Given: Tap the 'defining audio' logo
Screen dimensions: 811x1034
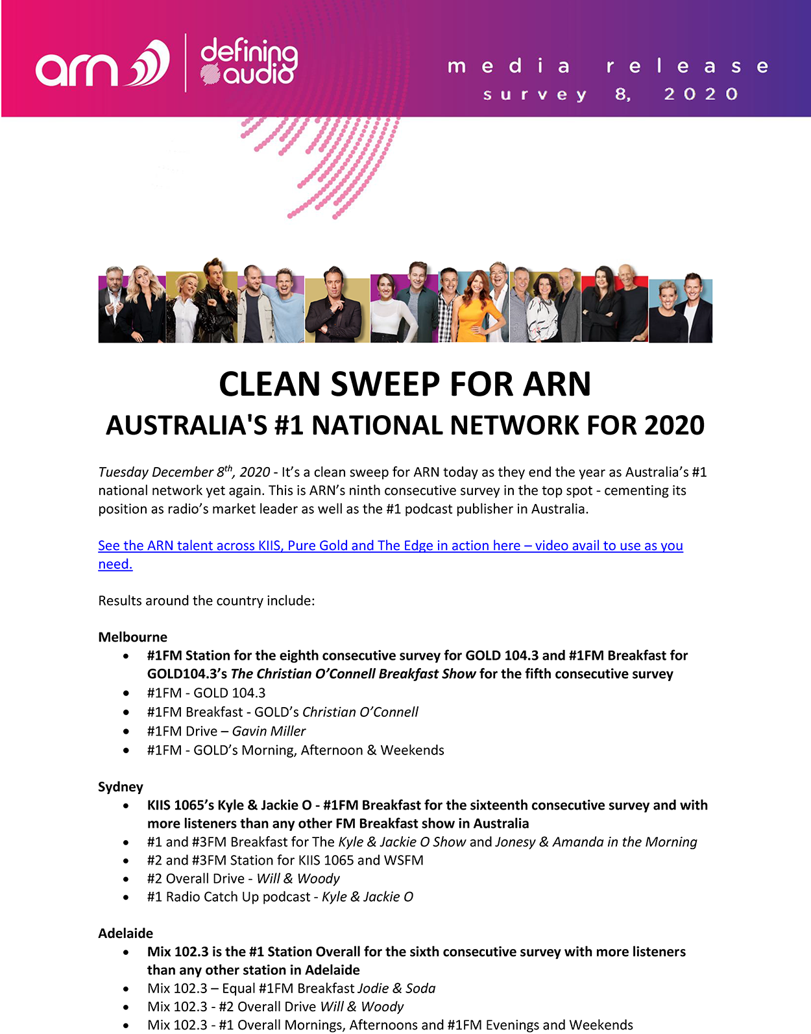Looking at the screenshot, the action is pyautogui.click(x=248, y=62).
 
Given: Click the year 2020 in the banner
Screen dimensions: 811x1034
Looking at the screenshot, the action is pyautogui.click(x=701, y=95).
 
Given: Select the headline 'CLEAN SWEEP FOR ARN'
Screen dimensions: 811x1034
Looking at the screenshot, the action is pyautogui.click(x=405, y=384).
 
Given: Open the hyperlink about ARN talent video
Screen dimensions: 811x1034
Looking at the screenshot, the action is pyautogui.click(x=390, y=546).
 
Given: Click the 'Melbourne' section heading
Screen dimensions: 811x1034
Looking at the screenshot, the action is pyautogui.click(x=132, y=637).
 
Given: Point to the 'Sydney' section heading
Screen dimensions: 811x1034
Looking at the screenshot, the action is pyautogui.click(x=121, y=787).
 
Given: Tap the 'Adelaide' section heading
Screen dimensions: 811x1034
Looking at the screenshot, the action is pyautogui.click(x=125, y=933).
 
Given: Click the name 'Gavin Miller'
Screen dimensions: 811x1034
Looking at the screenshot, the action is pyautogui.click(x=269, y=731).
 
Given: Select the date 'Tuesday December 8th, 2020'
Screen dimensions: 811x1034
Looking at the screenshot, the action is pyautogui.click(x=184, y=472).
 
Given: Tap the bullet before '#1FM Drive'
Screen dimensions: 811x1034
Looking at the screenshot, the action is pyautogui.click(x=126, y=731).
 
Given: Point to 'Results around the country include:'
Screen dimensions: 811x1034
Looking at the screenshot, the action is pyautogui.click(x=206, y=601).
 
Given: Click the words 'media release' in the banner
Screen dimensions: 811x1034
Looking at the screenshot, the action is pyautogui.click(x=607, y=66).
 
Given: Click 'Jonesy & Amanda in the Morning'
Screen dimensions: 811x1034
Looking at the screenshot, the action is pyautogui.click(x=596, y=842).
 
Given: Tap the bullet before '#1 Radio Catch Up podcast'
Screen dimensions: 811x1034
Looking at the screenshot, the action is pyautogui.click(x=126, y=897).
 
